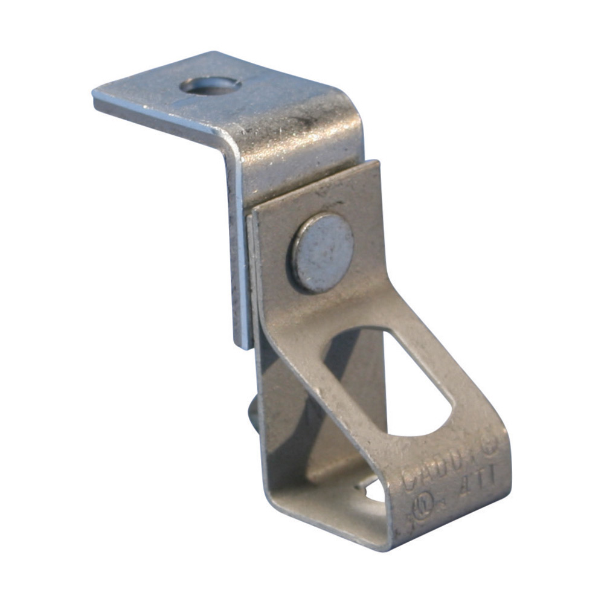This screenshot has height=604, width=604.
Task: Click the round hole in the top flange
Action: [x=211, y=86]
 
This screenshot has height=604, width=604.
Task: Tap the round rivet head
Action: [x=323, y=252]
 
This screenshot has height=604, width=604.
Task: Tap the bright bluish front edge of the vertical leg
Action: [x=239, y=254]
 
